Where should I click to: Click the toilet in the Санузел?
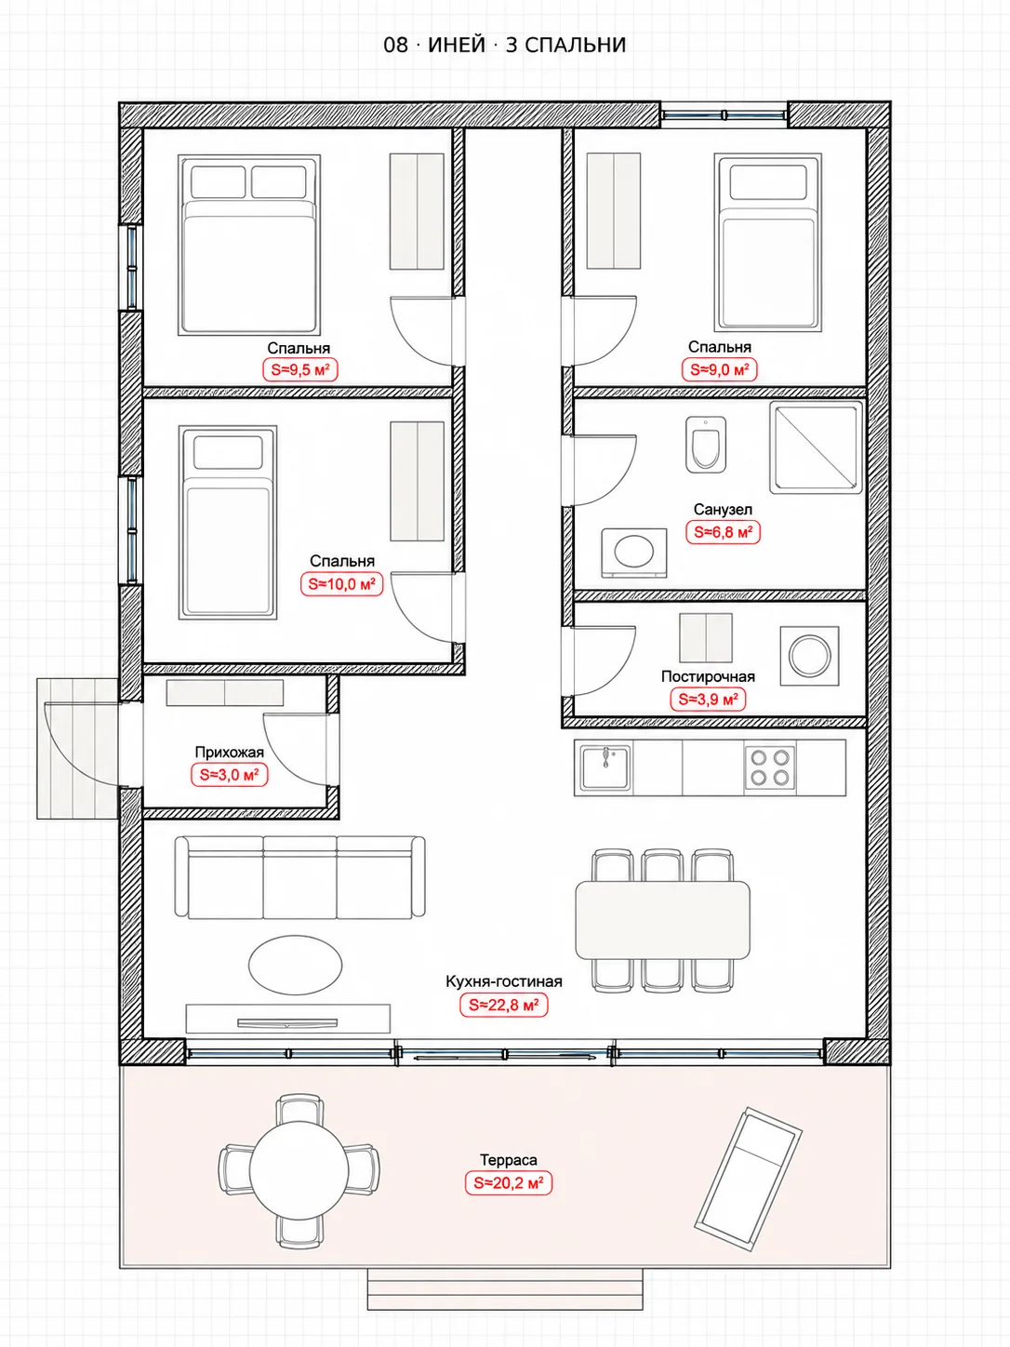tap(705, 445)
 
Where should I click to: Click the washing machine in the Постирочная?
tap(809, 656)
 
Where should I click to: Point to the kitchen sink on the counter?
tap(605, 767)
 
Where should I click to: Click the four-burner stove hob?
tap(770, 767)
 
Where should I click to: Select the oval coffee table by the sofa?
tap(295, 964)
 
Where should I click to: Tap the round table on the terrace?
tap(299, 1170)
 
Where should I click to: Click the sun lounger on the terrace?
tap(748, 1179)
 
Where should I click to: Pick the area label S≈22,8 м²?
tap(503, 1005)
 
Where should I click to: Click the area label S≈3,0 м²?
tap(229, 775)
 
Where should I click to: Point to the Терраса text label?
tap(509, 1160)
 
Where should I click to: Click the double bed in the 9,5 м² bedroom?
tap(249, 245)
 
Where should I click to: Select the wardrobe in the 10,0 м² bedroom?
tap(417, 481)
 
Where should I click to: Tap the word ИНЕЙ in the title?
tap(457, 45)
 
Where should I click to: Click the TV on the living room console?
tap(287, 1023)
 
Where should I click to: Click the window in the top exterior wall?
tap(724, 114)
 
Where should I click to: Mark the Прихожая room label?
tap(230, 753)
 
